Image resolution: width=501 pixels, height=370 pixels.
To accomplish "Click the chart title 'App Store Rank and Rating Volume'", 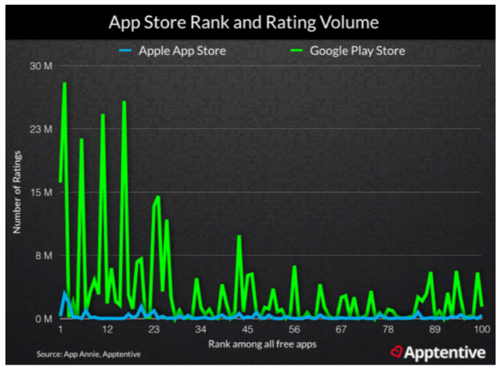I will (250, 20).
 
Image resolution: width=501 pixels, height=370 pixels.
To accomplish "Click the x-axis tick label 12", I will (107, 329).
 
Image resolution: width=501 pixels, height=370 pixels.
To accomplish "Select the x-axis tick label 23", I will (153, 329).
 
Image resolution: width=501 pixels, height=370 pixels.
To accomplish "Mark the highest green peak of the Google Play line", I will (64, 83).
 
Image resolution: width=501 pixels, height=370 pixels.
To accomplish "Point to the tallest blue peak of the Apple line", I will (65, 292).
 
